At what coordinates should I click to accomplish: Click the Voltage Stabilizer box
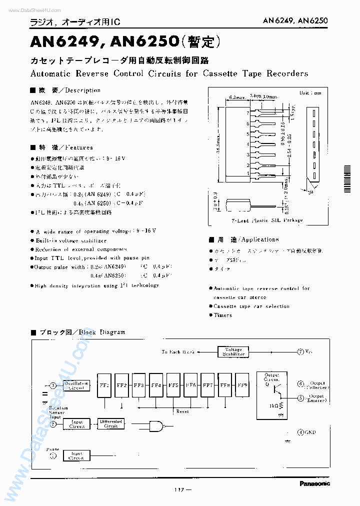pos(233,351)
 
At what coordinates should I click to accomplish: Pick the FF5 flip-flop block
pos(173,385)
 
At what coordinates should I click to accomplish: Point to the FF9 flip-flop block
pos(242,385)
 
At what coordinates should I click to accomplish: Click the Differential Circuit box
pos(111,423)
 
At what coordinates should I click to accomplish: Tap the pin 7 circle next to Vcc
pos(300,351)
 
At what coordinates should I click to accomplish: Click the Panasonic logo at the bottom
pos(315,483)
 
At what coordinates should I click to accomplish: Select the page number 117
pos(179,489)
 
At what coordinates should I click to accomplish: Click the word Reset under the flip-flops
pos(182,411)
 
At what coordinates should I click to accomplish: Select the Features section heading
pos(65,147)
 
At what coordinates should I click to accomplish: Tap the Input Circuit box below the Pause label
pos(76,455)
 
